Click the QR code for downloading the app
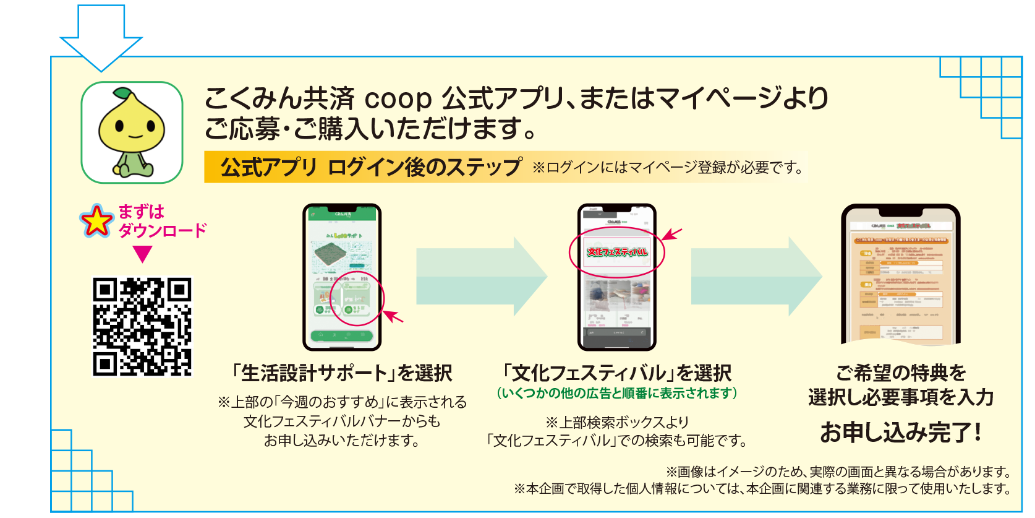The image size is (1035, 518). (142, 326)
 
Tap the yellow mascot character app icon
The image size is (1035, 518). (132, 132)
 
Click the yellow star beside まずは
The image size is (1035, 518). (96, 221)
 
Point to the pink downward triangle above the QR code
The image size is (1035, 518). (142, 254)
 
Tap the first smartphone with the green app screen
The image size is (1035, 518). (342, 277)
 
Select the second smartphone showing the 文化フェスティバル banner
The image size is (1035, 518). (616, 277)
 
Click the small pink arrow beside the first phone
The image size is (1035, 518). (393, 316)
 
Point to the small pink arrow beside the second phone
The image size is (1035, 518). (672, 234)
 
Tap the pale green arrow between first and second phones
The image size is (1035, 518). (481, 277)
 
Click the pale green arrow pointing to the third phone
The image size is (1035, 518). (756, 277)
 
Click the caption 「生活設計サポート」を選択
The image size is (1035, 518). (341, 373)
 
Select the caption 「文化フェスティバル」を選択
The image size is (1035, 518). (617, 373)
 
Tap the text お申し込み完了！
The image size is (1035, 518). (900, 432)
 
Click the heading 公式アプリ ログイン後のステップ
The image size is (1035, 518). (371, 167)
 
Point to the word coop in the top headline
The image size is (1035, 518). (398, 98)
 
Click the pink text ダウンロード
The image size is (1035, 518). (162, 231)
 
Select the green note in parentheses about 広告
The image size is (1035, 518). (617, 394)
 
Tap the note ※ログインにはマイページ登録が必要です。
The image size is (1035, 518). (668, 167)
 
